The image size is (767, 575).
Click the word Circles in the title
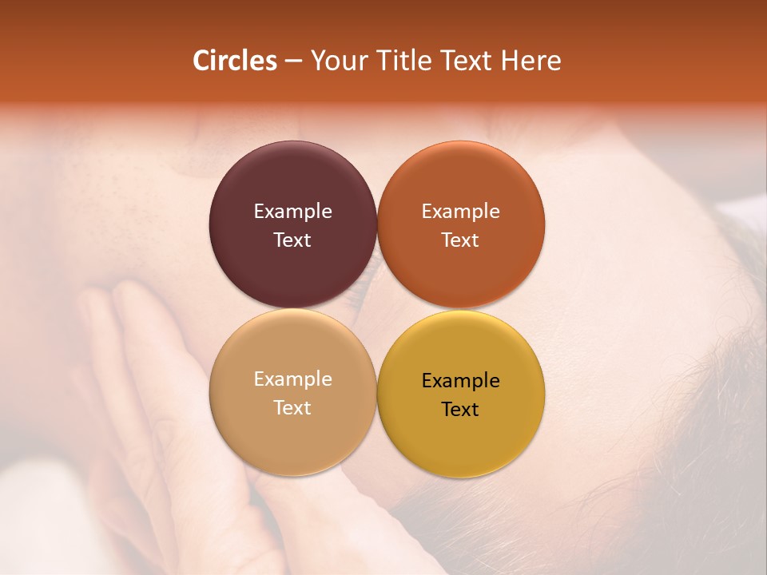(x=234, y=61)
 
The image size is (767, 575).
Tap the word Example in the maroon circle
(x=292, y=212)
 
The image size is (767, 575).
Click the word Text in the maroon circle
(x=292, y=240)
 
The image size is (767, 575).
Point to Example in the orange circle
(x=460, y=212)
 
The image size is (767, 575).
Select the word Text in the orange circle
(x=460, y=240)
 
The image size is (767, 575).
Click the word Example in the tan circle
(x=292, y=379)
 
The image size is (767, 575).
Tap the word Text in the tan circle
(x=292, y=407)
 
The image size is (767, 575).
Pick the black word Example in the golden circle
(x=460, y=381)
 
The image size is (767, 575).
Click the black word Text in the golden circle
(x=460, y=409)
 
